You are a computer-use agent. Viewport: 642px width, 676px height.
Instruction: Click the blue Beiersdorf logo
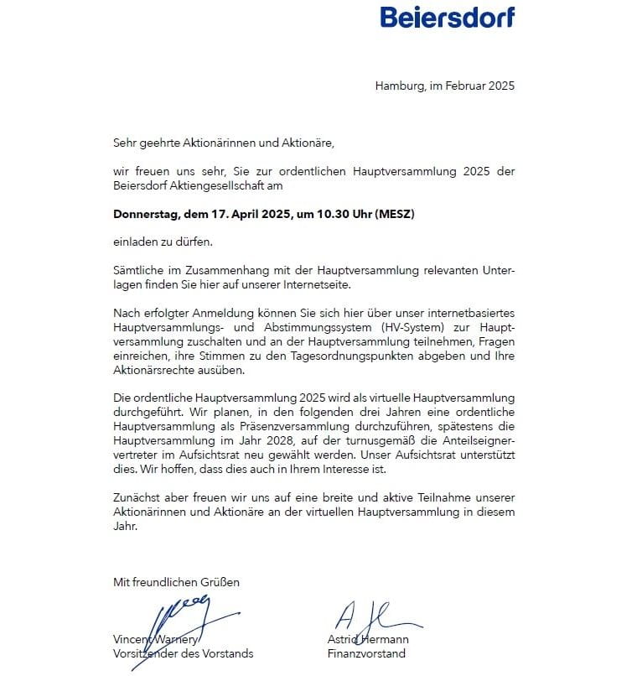tap(447, 17)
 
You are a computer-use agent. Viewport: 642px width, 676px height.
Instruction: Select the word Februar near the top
tap(465, 86)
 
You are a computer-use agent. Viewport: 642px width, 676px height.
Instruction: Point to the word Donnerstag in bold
tap(145, 214)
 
